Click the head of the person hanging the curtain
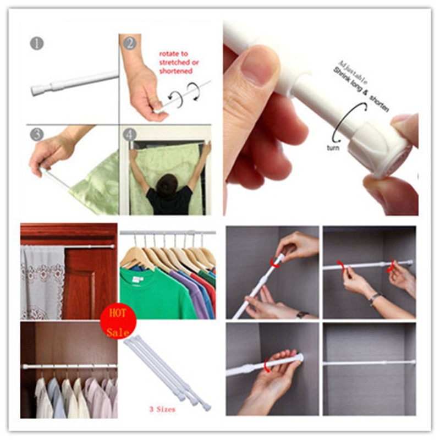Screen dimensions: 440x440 169,185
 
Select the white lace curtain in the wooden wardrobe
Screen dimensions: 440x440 42,280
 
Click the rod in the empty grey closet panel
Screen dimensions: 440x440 369,363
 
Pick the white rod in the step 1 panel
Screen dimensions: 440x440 74,82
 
